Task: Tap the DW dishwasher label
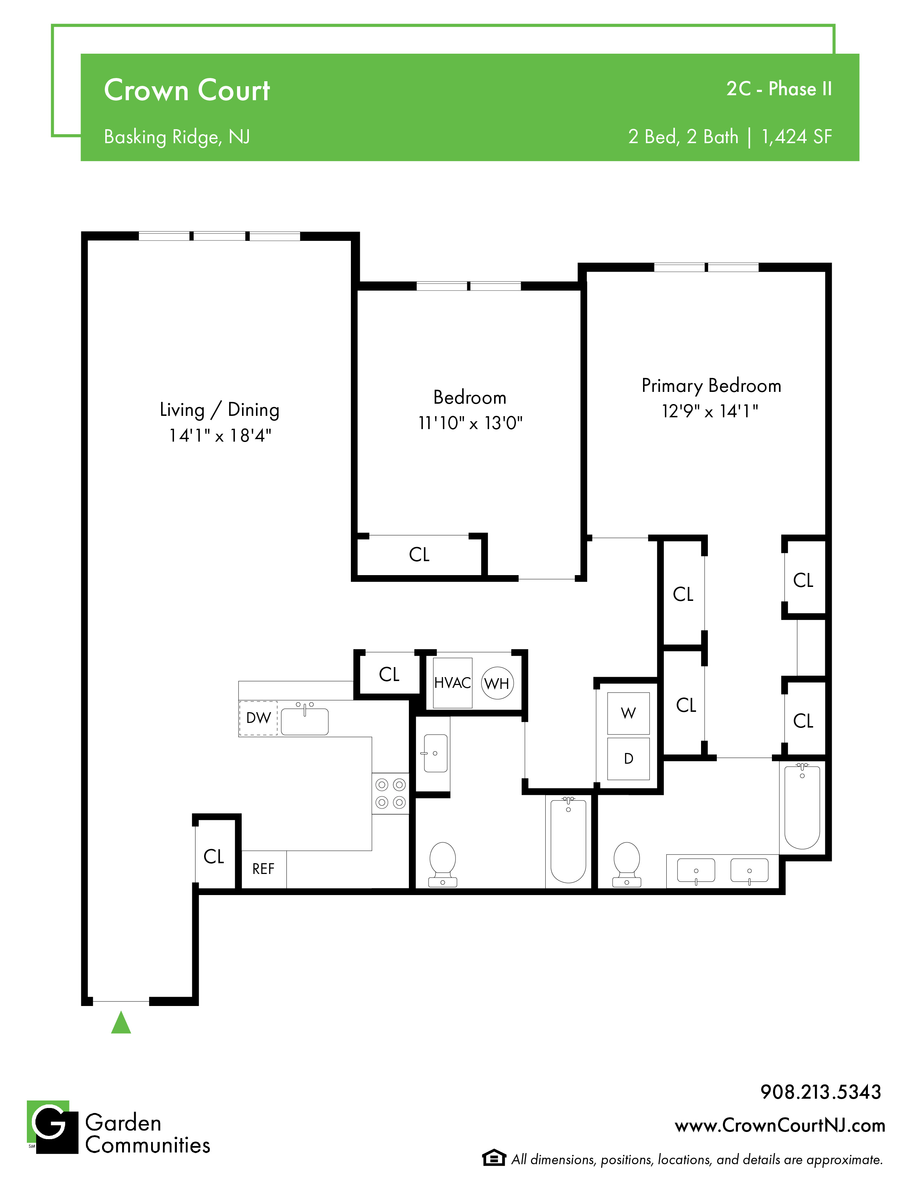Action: click(x=259, y=718)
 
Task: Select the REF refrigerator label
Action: click(x=264, y=869)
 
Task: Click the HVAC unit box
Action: click(x=453, y=683)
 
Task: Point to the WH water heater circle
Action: click(x=497, y=684)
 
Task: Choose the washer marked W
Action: click(x=628, y=713)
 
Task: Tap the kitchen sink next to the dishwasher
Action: click(x=305, y=720)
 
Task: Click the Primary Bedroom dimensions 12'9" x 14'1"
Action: click(x=710, y=412)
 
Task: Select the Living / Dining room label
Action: click(x=219, y=410)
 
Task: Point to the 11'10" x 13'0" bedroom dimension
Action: click(x=470, y=423)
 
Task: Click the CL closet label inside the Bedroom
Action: click(x=419, y=554)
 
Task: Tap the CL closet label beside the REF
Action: click(x=214, y=856)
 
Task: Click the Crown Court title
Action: click(x=187, y=90)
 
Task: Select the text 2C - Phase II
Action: click(x=779, y=89)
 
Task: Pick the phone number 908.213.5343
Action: click(x=821, y=1092)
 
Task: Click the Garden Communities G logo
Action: click(x=53, y=1127)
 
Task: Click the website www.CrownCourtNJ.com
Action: click(x=780, y=1126)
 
